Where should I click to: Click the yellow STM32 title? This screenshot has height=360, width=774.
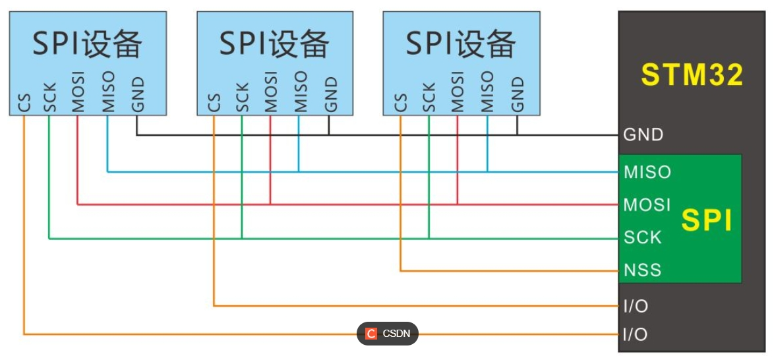click(692, 75)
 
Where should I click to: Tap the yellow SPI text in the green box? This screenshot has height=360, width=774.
click(707, 221)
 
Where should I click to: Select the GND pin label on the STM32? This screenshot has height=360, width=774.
click(643, 135)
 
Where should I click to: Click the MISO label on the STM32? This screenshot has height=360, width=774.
click(647, 172)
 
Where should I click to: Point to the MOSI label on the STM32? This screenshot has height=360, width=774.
click(647, 204)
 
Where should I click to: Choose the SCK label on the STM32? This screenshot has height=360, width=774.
click(642, 237)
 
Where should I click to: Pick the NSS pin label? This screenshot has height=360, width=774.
click(642, 270)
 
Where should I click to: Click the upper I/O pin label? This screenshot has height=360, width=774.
click(635, 306)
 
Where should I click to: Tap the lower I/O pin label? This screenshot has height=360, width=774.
click(635, 334)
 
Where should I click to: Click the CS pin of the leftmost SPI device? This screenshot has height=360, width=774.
click(23, 103)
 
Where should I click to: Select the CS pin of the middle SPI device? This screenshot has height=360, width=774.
click(214, 103)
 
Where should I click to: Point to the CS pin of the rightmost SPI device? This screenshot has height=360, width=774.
click(400, 103)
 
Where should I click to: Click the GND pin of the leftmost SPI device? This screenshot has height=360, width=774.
click(137, 94)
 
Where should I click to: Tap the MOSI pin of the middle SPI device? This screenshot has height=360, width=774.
click(270, 92)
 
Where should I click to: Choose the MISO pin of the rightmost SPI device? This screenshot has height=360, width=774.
click(487, 92)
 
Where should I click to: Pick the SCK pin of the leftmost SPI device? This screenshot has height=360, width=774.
click(49, 98)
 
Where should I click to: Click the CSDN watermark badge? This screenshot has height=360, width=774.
click(388, 334)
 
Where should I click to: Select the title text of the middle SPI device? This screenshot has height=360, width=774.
click(274, 44)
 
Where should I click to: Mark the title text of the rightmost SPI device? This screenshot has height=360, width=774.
click(461, 44)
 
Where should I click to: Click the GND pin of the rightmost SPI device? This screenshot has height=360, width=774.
click(518, 94)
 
